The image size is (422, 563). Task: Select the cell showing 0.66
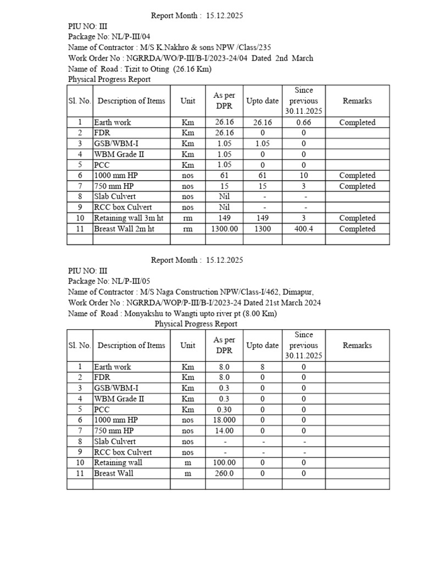(303, 123)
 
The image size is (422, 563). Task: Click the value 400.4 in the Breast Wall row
(303, 229)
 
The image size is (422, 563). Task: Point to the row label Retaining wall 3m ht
(129, 218)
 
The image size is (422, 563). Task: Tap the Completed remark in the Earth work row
(357, 123)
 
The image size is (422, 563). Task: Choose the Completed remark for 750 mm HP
(357, 186)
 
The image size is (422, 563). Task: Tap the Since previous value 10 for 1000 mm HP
(303, 176)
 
